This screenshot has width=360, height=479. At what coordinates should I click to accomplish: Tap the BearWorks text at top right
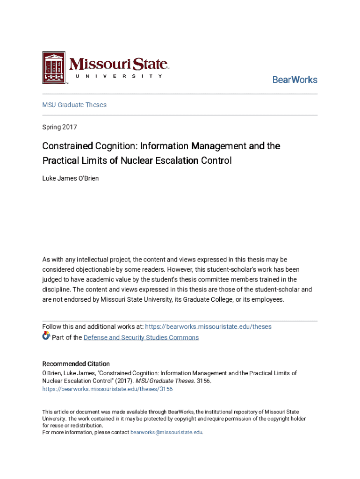295,80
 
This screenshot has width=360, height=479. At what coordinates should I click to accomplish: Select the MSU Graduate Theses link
74,105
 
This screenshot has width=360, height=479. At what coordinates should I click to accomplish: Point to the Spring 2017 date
59,127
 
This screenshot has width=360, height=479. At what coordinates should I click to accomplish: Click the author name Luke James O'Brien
71,178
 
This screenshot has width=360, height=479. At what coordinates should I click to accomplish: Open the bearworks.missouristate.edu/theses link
209,327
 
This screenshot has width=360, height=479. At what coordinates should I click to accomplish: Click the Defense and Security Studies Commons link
141,337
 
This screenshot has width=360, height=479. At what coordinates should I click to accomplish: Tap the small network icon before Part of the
46,336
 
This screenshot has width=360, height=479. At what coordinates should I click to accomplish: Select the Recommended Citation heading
76,363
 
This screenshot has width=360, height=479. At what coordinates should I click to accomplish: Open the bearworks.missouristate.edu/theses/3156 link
108,389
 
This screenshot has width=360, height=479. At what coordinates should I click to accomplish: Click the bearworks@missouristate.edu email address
166,433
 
